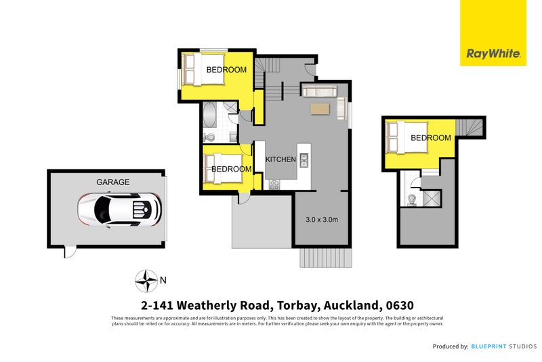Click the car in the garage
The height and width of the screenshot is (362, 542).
point(119,209)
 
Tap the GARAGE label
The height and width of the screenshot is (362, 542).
point(113,182)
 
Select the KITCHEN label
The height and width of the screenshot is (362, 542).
point(280,159)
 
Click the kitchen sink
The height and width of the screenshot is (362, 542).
point(304,160)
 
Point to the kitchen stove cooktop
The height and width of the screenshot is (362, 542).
point(275,184)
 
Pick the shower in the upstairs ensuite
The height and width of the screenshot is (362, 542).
point(431,198)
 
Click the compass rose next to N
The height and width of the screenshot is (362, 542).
point(146,279)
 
